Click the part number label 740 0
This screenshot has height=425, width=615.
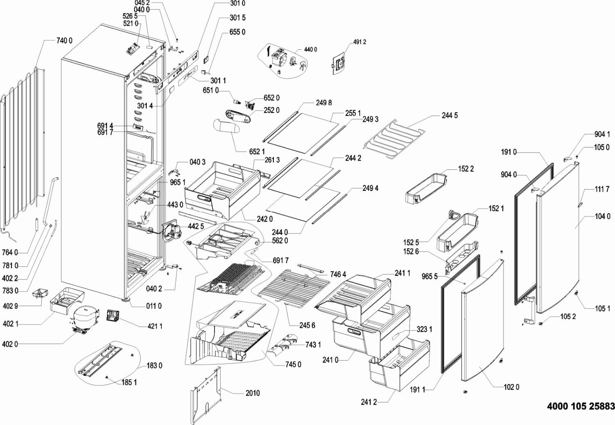point(64,40)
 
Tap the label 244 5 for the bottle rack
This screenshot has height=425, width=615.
point(450,116)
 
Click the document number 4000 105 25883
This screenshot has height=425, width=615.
point(581,407)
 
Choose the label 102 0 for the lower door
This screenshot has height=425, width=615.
point(512,387)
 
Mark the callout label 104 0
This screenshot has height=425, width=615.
point(602,216)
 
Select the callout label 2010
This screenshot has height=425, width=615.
point(253,393)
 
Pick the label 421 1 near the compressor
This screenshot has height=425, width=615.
point(155,326)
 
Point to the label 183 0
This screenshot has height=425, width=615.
point(155,366)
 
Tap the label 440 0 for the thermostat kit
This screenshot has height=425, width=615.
point(310,50)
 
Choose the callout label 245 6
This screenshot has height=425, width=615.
point(307,325)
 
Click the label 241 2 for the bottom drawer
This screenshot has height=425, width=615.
point(369,402)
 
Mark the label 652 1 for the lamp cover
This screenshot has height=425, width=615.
point(257,152)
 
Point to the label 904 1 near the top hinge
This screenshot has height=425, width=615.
point(602,134)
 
